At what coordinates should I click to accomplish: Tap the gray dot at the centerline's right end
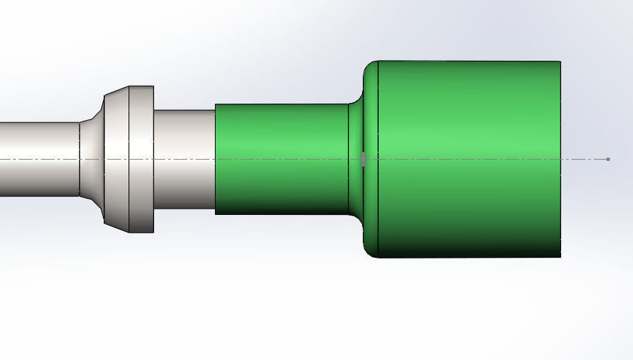point(607,160)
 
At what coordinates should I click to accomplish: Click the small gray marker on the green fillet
point(363,160)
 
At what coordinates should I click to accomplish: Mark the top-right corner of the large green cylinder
point(560,61)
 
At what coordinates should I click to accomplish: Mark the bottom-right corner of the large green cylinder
point(560,257)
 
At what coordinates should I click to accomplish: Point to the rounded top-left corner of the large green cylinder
point(368,66)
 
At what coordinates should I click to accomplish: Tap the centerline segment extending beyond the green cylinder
point(584,160)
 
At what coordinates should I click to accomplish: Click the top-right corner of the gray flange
point(153,86)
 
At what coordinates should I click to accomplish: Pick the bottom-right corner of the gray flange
point(153,232)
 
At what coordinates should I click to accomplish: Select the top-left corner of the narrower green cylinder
point(216,104)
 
